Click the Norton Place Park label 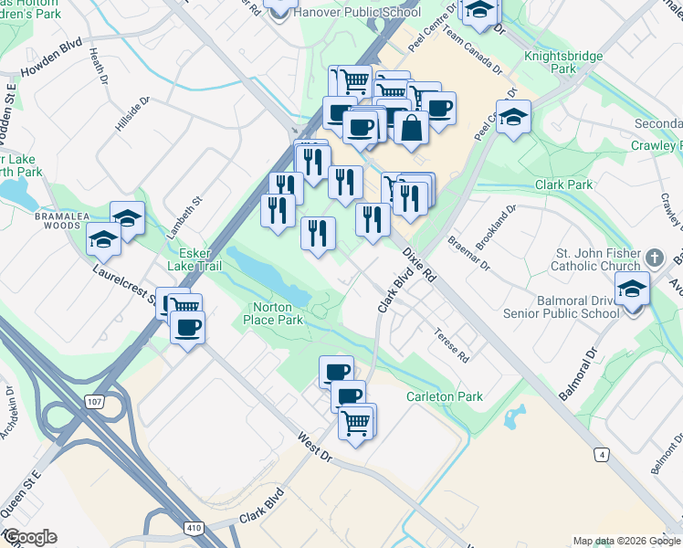[x=272, y=313]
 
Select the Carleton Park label [x=445, y=396]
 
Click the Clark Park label [x=563, y=184]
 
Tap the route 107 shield [x=93, y=400]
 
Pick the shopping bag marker [x=412, y=129]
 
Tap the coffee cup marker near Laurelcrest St [x=188, y=328]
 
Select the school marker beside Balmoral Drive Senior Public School [x=632, y=289]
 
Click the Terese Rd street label [x=451, y=345]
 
